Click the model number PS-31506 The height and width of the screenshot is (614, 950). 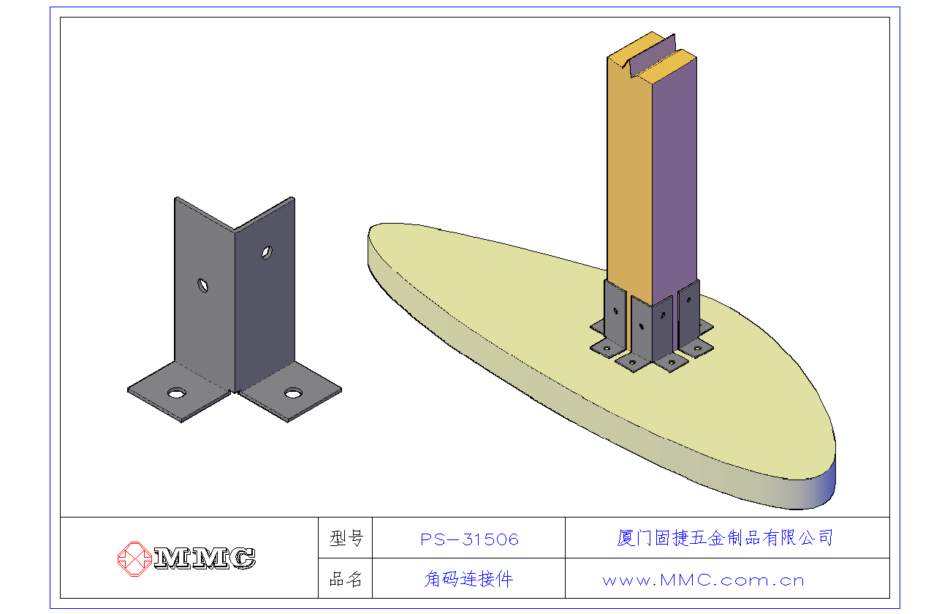coord(469,539)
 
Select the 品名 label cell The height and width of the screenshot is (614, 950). coord(346,579)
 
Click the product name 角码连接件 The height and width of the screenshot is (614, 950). coord(468,579)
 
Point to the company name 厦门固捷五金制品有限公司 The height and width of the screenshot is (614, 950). coord(725,538)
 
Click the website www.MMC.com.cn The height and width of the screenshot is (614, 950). coord(703,580)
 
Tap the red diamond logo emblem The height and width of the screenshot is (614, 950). coord(134,559)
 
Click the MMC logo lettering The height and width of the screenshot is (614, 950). coord(205,558)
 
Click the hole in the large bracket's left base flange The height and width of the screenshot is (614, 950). coord(176,393)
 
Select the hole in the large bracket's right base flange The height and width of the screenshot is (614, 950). coord(293,393)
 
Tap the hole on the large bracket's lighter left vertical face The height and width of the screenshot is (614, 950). coord(202,286)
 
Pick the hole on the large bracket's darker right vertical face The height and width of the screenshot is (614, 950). coord(267,253)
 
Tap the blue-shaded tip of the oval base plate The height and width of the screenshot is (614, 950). coord(825,488)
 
